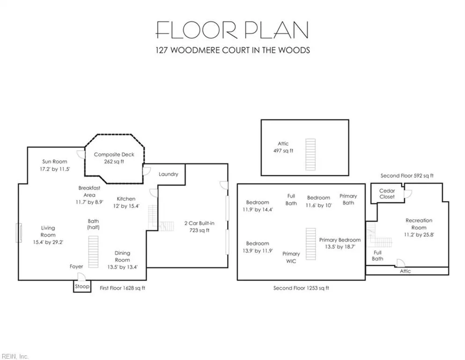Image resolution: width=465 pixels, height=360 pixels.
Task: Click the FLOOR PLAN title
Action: click(x=232, y=30)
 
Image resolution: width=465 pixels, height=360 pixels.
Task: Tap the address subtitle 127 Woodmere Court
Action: click(x=233, y=50)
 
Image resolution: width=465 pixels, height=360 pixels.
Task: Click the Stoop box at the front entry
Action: click(x=82, y=286)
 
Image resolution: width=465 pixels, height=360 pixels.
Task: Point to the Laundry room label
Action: click(x=168, y=174)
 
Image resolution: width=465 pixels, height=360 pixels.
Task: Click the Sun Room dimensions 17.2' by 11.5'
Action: click(x=55, y=169)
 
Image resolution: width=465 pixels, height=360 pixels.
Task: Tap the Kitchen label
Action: click(x=126, y=199)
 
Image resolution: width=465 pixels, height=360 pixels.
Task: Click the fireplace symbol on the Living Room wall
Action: click(x=19, y=232)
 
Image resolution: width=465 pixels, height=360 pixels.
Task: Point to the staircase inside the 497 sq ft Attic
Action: click(x=310, y=154)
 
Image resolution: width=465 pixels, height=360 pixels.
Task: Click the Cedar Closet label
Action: click(x=387, y=194)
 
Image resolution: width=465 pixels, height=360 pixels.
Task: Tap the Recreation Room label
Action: click(x=419, y=224)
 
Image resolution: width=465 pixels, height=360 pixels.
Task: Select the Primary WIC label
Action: click(x=291, y=257)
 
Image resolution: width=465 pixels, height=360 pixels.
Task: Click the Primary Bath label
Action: click(x=348, y=199)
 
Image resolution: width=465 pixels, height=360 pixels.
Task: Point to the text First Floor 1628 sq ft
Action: click(x=123, y=288)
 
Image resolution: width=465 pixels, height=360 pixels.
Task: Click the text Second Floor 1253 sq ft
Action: click(x=301, y=288)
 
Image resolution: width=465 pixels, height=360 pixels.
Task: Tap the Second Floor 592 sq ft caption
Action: click(x=407, y=176)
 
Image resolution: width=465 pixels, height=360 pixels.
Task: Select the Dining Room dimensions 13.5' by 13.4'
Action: click(x=123, y=267)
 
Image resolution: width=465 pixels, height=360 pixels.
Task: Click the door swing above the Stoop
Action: click(x=81, y=277)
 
